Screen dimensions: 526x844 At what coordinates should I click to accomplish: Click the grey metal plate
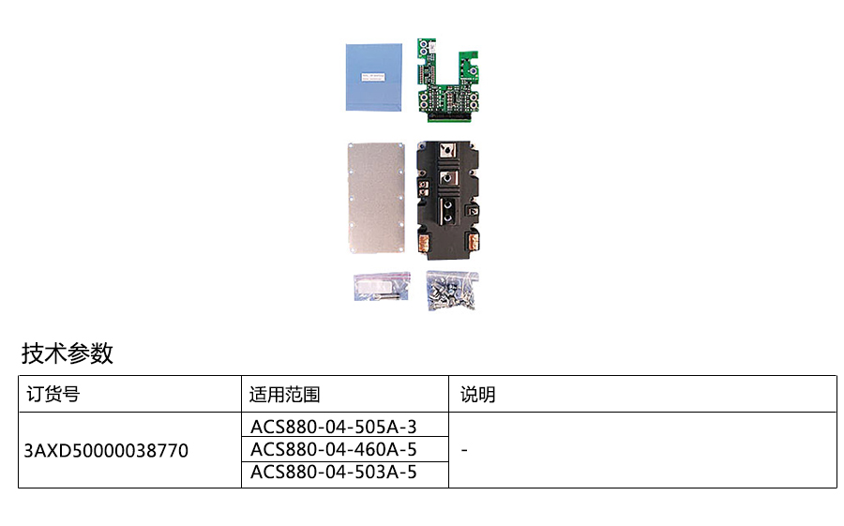[x=376, y=198]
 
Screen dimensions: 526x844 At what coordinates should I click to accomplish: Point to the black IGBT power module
[x=449, y=199]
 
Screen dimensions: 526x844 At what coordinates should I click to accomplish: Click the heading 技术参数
[x=68, y=353]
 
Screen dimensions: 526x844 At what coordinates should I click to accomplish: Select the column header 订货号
[x=53, y=395]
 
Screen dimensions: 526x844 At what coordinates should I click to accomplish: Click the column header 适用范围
[x=284, y=395]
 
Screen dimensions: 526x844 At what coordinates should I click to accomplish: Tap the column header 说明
[x=477, y=395]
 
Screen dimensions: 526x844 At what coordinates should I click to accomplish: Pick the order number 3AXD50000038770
[x=106, y=451]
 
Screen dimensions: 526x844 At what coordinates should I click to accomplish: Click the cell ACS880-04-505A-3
[x=334, y=427]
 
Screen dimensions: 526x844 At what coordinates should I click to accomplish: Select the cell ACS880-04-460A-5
[x=334, y=450]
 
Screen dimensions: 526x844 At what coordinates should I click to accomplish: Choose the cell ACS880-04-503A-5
[x=334, y=473]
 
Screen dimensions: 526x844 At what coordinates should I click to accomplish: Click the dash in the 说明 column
[x=465, y=451]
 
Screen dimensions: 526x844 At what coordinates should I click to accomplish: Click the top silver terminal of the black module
[x=448, y=151]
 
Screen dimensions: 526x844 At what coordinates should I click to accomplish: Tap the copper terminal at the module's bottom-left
[x=424, y=245]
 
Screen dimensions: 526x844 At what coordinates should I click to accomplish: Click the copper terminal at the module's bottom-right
[x=475, y=245]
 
